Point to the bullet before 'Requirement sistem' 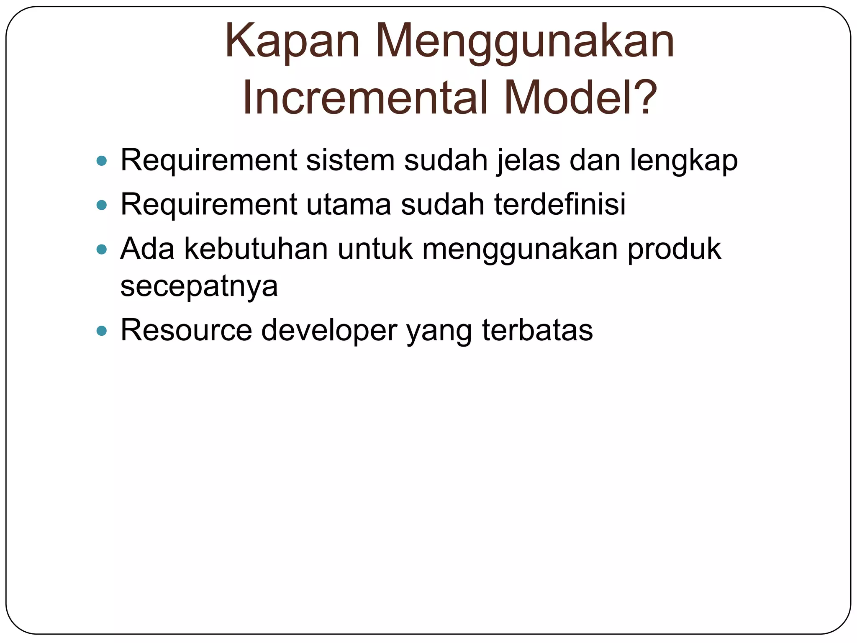pos(101,160)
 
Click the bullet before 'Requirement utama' pos(101,205)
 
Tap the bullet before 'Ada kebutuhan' pos(101,250)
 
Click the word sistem pos(350,160)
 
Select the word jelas pos(528,160)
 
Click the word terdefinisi pos(560,204)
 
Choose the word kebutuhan pos(256,249)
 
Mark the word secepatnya pos(199,287)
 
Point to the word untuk pos(375,249)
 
